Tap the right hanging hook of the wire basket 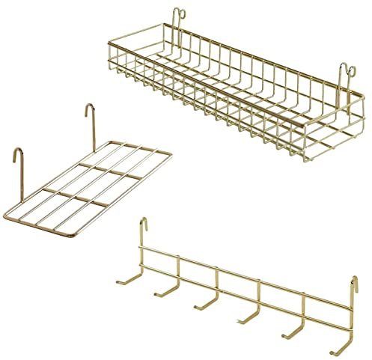(x=345, y=72)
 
